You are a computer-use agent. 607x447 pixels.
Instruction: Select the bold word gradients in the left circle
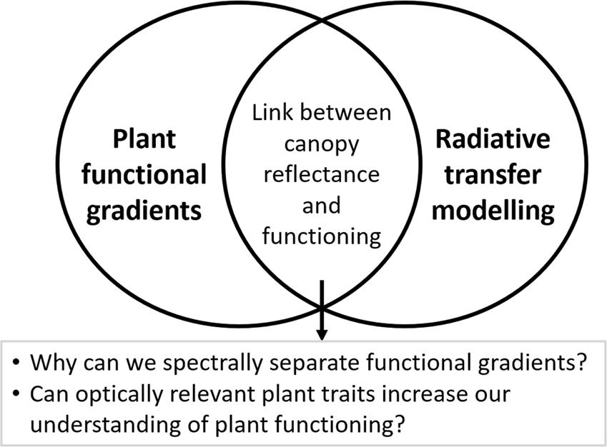146,211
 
